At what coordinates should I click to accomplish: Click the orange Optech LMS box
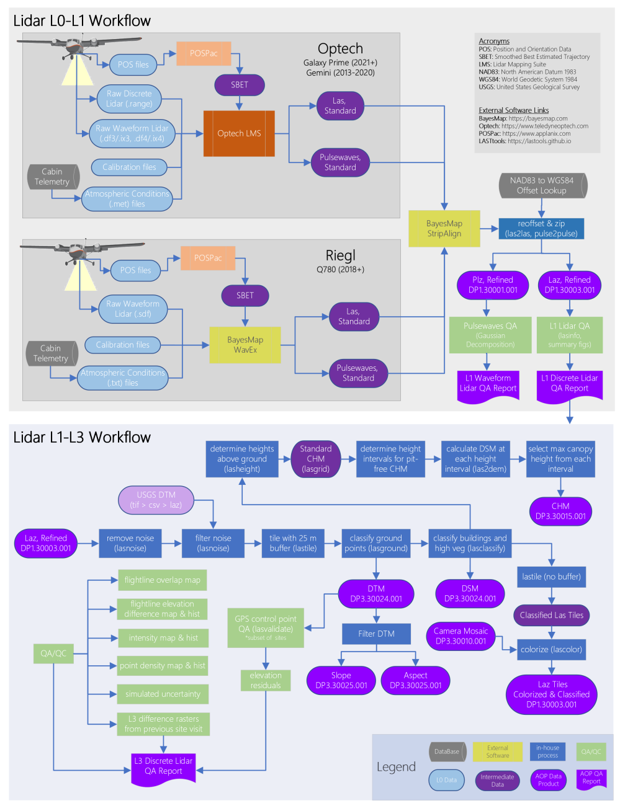click(x=239, y=133)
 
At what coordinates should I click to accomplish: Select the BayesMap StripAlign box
click(x=444, y=228)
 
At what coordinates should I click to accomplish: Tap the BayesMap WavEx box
click(x=245, y=345)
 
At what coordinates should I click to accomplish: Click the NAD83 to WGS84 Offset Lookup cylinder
click(x=542, y=185)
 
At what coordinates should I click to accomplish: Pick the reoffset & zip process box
click(x=541, y=228)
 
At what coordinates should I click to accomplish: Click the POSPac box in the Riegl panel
click(x=208, y=258)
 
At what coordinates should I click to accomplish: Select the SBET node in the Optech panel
click(x=240, y=85)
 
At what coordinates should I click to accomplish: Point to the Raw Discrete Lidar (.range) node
click(x=129, y=99)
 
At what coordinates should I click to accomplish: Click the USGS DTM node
click(x=156, y=500)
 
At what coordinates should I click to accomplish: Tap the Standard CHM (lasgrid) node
click(x=316, y=459)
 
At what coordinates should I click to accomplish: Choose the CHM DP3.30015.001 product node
click(x=560, y=511)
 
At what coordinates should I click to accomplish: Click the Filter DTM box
click(x=376, y=634)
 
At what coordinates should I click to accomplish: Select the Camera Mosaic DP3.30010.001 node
click(x=461, y=636)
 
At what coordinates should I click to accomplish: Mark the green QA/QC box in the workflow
click(x=53, y=653)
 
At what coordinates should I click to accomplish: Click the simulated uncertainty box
click(x=163, y=694)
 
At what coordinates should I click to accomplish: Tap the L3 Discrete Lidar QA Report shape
click(x=163, y=766)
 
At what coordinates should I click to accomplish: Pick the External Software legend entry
click(x=498, y=751)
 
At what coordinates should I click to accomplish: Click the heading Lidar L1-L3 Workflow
click(x=82, y=437)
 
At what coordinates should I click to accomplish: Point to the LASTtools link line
click(x=524, y=141)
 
